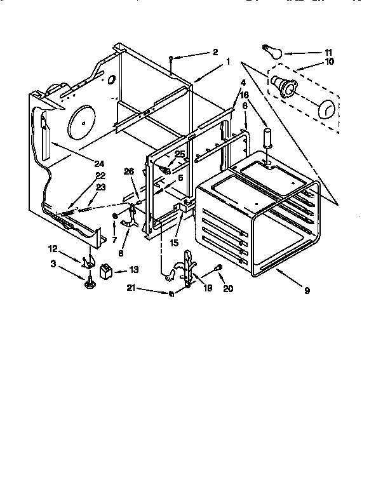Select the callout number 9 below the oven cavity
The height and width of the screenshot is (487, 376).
[307, 290]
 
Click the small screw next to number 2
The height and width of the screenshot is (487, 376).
[172, 58]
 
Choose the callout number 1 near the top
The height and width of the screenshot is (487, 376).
[227, 62]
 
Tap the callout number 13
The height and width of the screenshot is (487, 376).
[133, 269]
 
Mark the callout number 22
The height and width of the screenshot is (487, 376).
[100, 176]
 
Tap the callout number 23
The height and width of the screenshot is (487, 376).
[100, 187]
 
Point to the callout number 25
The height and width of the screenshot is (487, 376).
[180, 154]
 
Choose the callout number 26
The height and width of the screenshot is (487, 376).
[129, 170]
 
